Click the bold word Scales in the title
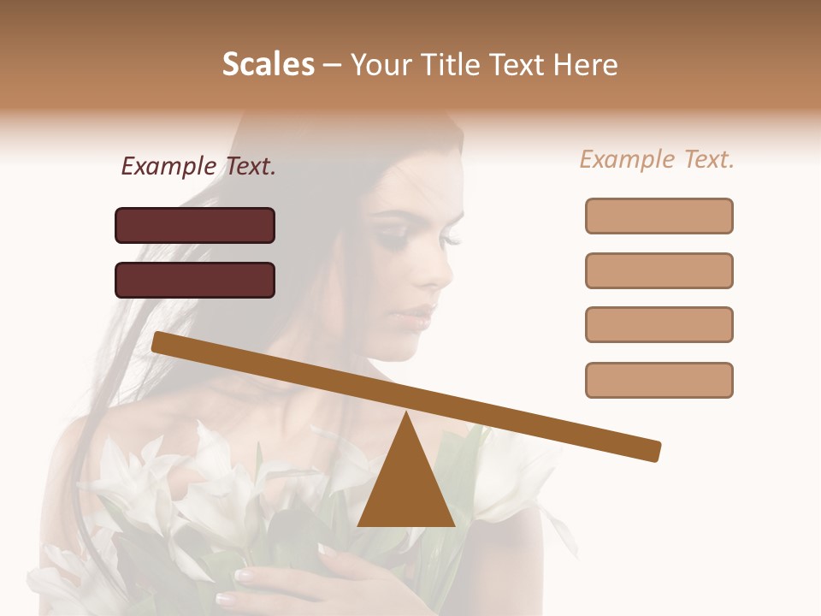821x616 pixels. click(268, 64)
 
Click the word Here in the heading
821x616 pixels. click(586, 65)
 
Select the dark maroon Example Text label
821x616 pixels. click(198, 167)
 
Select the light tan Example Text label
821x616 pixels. click(657, 159)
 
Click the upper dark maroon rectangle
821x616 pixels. click(195, 225)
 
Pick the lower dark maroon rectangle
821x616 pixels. click(195, 280)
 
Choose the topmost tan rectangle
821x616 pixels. click(659, 216)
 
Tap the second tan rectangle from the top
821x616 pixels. click(659, 270)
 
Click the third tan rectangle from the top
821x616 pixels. click(659, 325)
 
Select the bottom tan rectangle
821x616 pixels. click(659, 380)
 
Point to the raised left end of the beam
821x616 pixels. click(159, 341)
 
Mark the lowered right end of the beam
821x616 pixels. click(654, 451)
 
